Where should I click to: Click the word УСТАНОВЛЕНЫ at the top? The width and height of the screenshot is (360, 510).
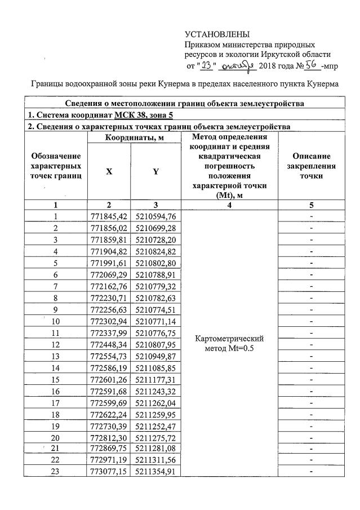(x=217, y=35)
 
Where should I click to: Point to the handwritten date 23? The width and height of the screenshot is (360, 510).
(x=206, y=65)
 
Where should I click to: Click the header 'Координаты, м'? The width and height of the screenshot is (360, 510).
(x=133, y=138)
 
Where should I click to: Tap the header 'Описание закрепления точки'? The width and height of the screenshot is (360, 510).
(x=312, y=166)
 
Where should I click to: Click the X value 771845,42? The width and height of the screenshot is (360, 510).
(x=109, y=216)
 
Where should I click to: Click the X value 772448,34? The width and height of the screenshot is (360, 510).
(x=109, y=344)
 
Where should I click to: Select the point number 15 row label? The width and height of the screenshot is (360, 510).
(x=55, y=379)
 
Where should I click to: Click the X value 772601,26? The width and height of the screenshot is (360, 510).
(x=109, y=379)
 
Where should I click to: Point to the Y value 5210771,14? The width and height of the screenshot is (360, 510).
(x=156, y=321)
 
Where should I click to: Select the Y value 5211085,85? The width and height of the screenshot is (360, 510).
(x=156, y=367)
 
